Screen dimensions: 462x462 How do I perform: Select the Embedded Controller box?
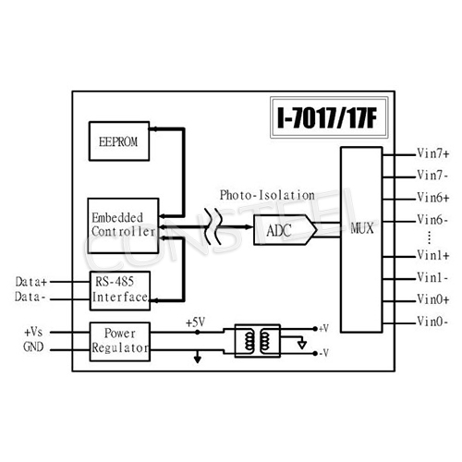[123, 223]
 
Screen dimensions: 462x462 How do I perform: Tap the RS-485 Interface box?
[119, 289]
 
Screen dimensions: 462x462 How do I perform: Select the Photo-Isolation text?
[267, 195]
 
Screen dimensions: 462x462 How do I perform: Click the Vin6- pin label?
[433, 220]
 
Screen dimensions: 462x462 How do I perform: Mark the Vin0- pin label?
[433, 322]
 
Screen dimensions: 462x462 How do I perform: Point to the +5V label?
[195, 322]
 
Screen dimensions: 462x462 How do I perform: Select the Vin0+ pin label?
[433, 298]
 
